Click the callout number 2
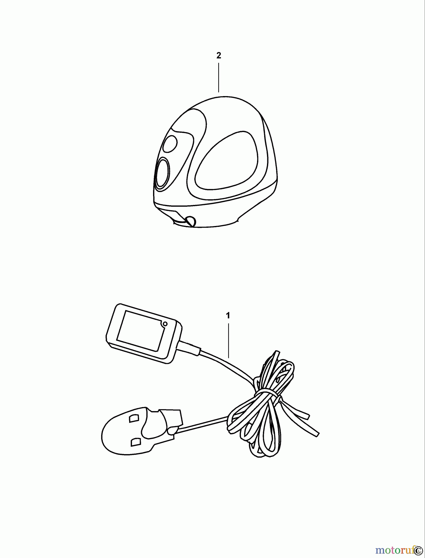(x=219, y=55)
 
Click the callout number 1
(x=228, y=316)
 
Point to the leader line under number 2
(x=219, y=77)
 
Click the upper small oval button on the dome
(x=170, y=144)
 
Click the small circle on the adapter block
(x=165, y=324)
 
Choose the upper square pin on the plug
(x=134, y=418)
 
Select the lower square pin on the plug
(x=135, y=441)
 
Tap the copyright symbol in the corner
(x=420, y=550)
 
